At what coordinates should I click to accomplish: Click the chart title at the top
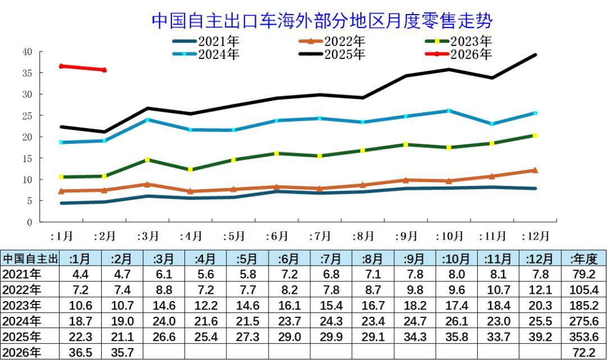321,21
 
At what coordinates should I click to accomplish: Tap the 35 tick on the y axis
28,73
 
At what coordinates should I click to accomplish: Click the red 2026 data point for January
61,66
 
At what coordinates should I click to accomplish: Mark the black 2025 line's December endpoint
534,54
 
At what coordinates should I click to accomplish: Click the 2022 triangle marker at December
534,170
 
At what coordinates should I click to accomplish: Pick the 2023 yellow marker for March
147,160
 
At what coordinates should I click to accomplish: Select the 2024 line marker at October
449,111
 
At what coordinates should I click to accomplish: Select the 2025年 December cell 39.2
540,337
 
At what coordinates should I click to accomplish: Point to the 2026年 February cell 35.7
123,353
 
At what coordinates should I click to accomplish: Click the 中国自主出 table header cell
30,259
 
